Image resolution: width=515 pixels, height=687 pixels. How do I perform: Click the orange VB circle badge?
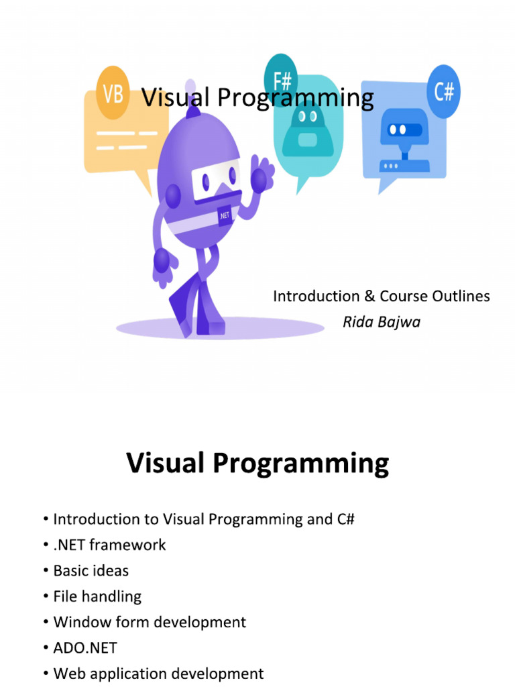click(x=113, y=93)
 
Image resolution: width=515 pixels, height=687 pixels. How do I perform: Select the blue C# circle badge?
click(x=444, y=91)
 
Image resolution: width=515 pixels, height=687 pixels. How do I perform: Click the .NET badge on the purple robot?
click(x=225, y=215)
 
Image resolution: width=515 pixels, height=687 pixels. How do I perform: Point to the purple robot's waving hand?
click(x=262, y=174)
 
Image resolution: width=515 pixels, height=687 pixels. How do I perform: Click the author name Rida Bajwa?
click(x=382, y=322)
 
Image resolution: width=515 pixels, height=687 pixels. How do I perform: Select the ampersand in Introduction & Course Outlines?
click(x=369, y=296)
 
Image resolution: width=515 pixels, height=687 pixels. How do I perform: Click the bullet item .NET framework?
click(x=109, y=545)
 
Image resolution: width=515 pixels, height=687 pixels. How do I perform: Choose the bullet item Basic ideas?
click(x=91, y=570)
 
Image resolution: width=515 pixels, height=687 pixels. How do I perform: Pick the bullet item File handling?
click(x=97, y=596)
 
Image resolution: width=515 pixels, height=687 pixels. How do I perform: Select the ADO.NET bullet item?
click(x=85, y=647)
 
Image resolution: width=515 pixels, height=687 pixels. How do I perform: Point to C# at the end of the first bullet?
click(x=345, y=519)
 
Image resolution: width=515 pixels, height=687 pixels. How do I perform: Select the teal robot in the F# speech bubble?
click(x=307, y=131)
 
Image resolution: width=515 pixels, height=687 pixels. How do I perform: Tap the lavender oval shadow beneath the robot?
click(x=220, y=327)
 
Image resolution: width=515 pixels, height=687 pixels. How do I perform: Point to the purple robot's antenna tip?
click(x=190, y=85)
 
